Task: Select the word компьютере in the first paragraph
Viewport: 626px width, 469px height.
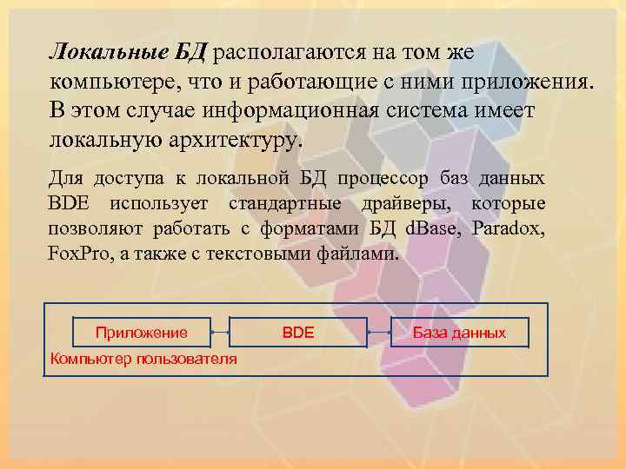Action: pos(108,82)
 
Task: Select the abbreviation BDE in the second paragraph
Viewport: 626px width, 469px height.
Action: pos(70,204)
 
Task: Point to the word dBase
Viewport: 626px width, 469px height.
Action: pos(439,230)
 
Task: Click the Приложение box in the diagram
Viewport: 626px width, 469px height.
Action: pos(142,333)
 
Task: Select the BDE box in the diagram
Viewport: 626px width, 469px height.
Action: pos(298,333)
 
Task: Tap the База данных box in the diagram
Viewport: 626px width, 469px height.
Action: pos(458,333)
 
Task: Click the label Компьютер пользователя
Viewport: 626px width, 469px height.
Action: pos(143,359)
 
